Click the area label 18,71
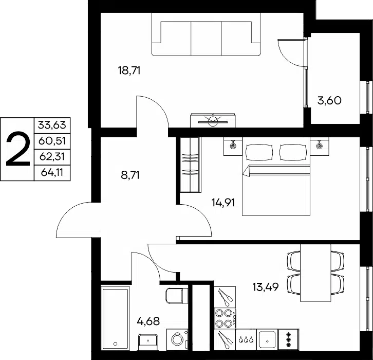click(x=129, y=70)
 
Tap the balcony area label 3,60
click(x=329, y=100)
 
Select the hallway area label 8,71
click(x=130, y=175)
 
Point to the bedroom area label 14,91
click(x=223, y=203)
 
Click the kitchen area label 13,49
click(x=265, y=286)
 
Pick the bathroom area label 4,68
click(x=148, y=321)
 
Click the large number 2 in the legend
click(x=18, y=150)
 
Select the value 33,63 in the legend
click(x=52, y=125)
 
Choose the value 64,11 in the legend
click(x=52, y=172)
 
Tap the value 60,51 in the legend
click(x=52, y=141)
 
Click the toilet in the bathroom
click(x=177, y=296)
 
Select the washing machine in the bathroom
click(x=177, y=339)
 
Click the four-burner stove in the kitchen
click(x=225, y=318)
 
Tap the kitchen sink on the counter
click(x=267, y=339)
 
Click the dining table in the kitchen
click(x=315, y=273)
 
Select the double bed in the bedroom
click(x=276, y=176)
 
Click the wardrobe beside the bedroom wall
click(x=190, y=165)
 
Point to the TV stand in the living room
click(x=213, y=120)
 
